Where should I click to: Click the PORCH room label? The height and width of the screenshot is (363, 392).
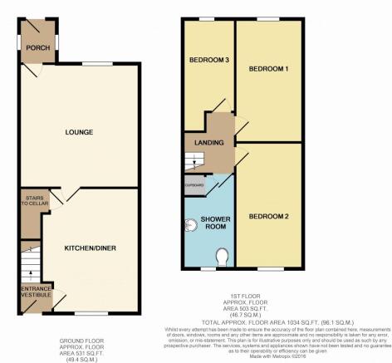coord(36,48)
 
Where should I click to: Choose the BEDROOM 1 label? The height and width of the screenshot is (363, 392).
coord(272,68)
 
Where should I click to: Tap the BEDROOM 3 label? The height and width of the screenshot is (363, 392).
coord(208,60)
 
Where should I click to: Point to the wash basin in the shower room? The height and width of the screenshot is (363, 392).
coord(188,223)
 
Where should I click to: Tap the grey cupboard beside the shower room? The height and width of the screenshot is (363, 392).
coord(194,185)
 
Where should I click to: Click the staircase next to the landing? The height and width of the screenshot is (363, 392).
coord(194,159)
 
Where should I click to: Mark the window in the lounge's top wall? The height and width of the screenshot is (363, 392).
coord(101,64)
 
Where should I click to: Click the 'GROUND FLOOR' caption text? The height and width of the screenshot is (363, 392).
coord(80,341)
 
